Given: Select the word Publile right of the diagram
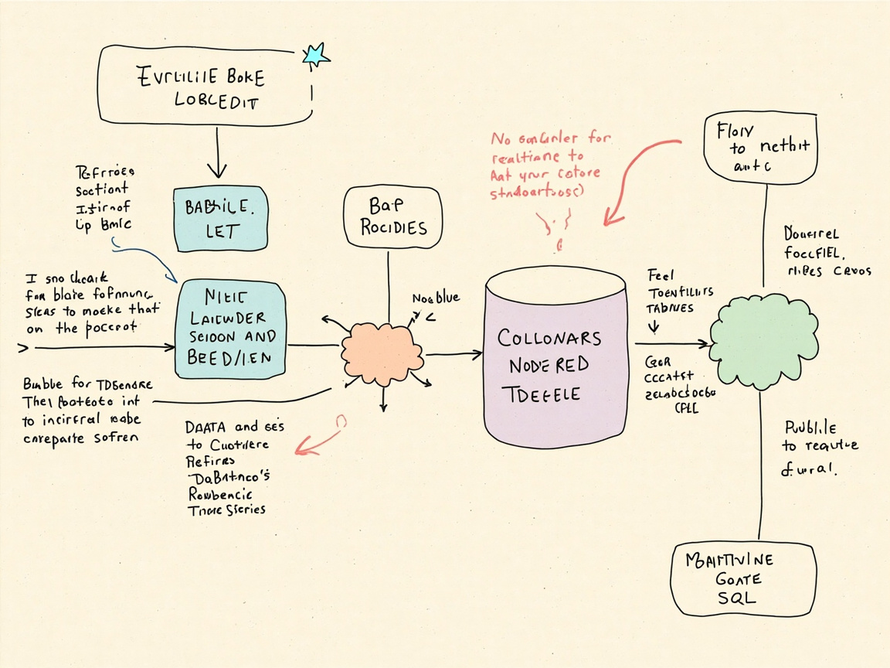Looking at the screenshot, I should point(810,428).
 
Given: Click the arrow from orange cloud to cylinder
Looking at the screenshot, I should point(454,354).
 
